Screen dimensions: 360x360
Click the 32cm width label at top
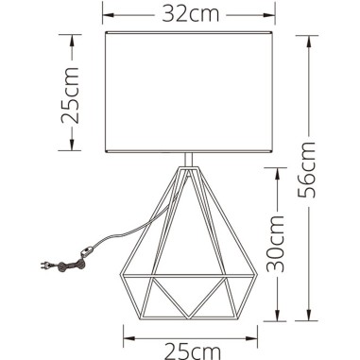click(186, 15)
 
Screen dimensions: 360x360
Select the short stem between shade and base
click(192, 160)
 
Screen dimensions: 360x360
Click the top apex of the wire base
click(192, 170)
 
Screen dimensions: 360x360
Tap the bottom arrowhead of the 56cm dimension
click(311, 316)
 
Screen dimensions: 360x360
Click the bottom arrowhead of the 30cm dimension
click(278, 316)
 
